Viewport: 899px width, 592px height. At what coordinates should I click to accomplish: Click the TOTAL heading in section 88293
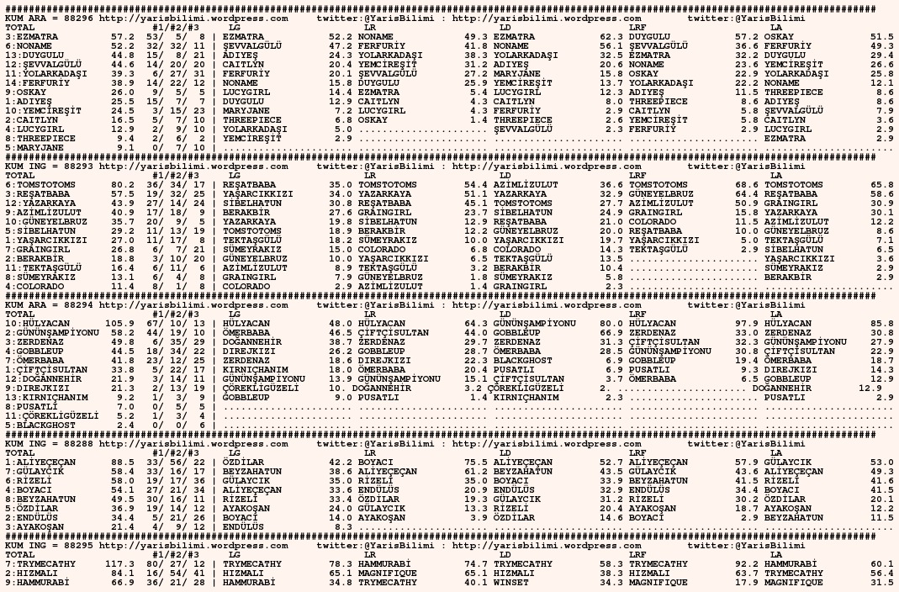coord(20,176)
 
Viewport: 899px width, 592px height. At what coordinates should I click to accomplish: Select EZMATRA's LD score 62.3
coord(611,37)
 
